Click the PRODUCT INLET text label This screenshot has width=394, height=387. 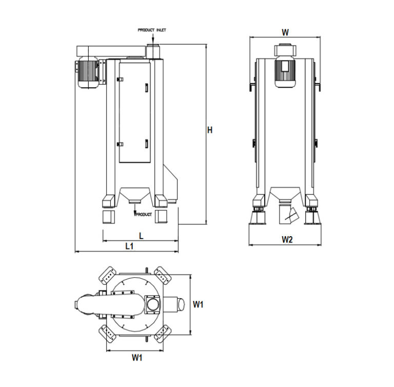click(x=151, y=30)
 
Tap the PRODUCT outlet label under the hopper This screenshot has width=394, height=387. click(x=144, y=214)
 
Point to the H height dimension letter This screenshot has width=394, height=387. click(x=209, y=130)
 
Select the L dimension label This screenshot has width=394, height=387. click(x=141, y=236)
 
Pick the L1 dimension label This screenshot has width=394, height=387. click(x=129, y=246)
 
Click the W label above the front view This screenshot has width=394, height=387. click(x=285, y=32)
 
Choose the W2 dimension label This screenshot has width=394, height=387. click(x=287, y=240)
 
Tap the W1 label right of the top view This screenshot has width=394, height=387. click(x=199, y=304)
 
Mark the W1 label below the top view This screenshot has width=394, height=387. click(x=137, y=358)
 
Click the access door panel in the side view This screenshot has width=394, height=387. click(x=134, y=111)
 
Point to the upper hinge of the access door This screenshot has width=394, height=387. click(x=121, y=79)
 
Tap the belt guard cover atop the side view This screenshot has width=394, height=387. click(x=110, y=51)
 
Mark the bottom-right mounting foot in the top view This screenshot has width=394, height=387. click(x=163, y=334)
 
